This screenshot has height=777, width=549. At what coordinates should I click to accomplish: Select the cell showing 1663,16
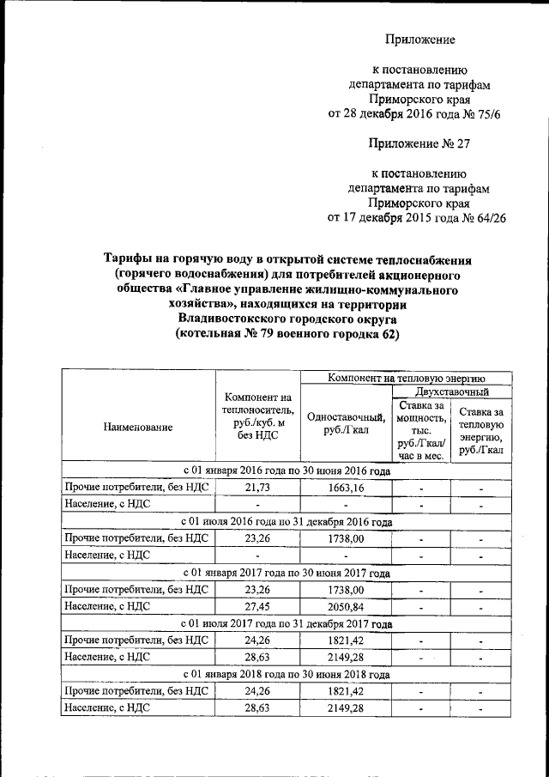pos(346,488)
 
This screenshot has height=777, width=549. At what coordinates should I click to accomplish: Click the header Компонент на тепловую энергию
pos(407,377)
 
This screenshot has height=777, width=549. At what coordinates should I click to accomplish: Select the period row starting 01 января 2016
pos(287,471)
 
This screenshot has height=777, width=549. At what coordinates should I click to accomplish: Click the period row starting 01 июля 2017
pos(287,623)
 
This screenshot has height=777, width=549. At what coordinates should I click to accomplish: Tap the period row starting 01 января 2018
pos(287,673)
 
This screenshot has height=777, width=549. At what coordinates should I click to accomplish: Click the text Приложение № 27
pos(419,143)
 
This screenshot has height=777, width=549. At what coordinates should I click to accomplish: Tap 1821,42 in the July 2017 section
pos(346,640)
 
